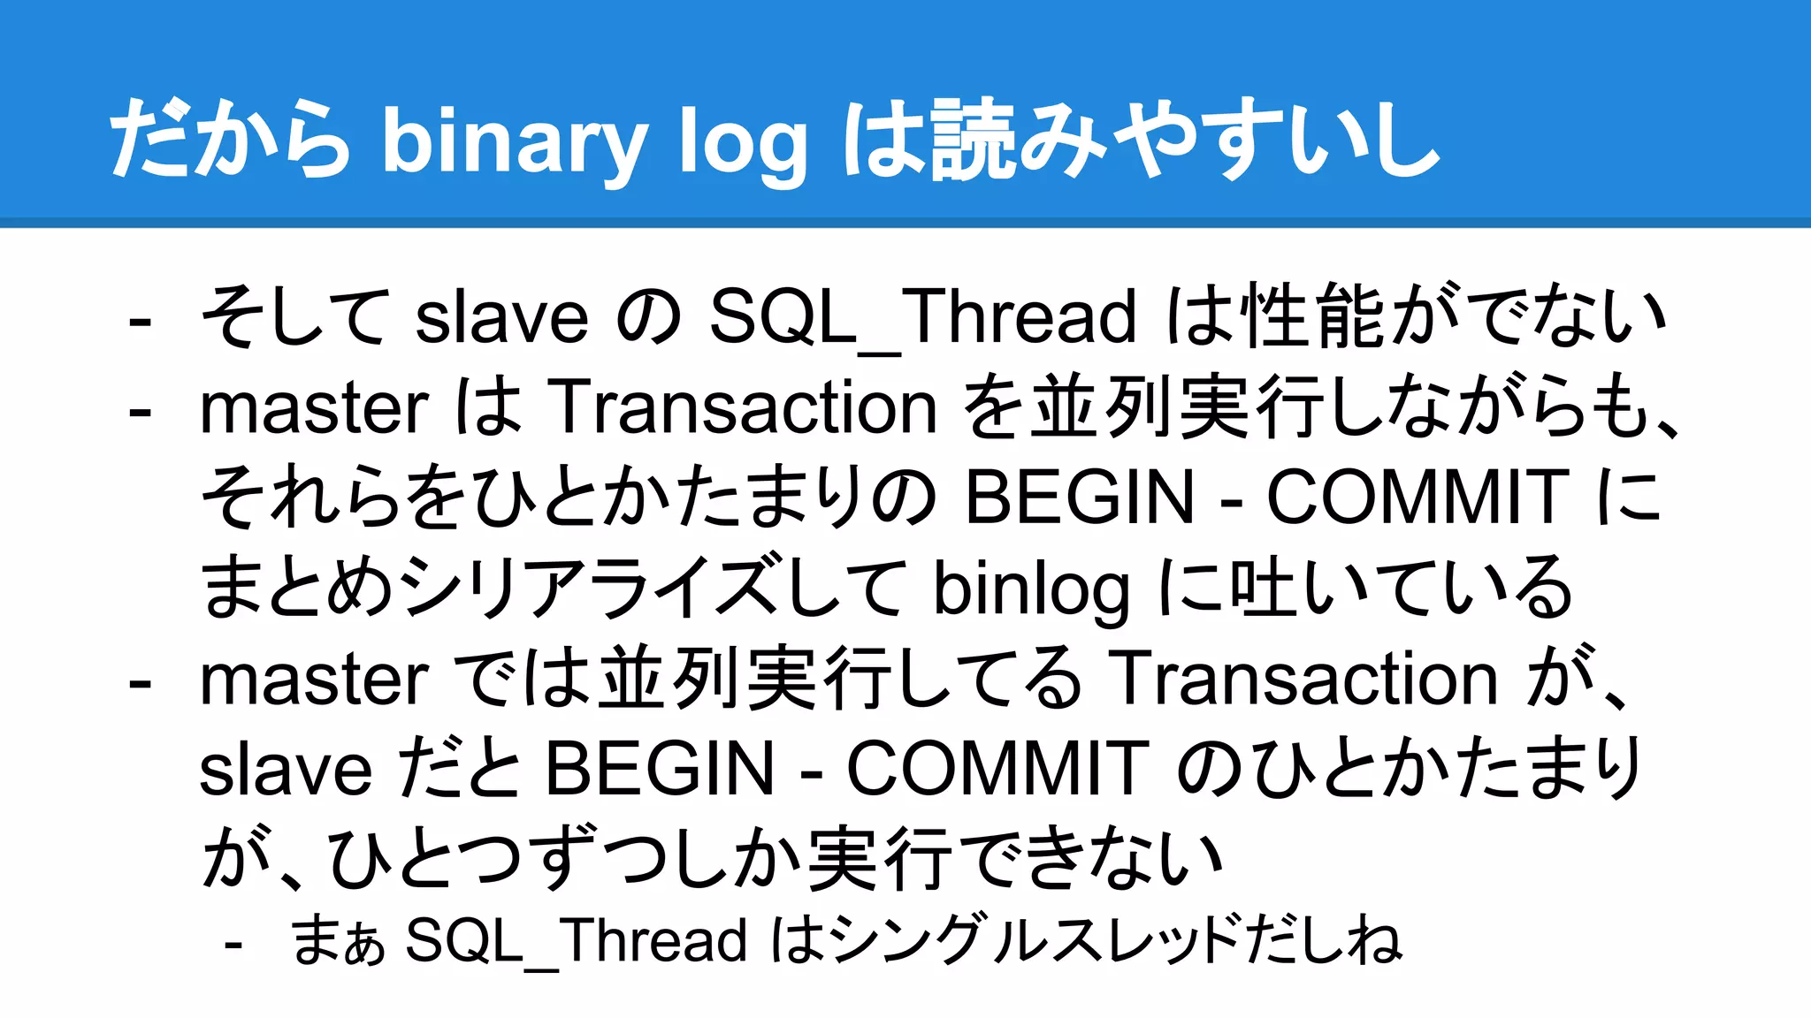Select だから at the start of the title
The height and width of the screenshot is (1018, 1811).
pos(230,140)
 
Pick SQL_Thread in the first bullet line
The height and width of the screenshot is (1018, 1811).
pos(922,316)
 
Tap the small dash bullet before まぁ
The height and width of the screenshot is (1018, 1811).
pos(233,945)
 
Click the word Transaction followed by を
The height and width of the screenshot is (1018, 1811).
pos(743,407)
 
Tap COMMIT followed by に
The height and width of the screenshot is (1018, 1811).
pos(1417,498)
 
